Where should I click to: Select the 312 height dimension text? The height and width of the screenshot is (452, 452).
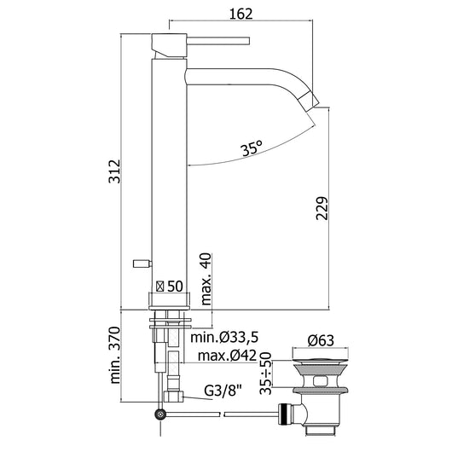pos(125,170)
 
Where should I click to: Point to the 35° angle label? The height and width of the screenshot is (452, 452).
pos(250,149)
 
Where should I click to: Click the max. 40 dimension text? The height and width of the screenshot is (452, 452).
pos(206,278)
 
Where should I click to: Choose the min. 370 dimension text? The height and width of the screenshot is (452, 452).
pos(125,358)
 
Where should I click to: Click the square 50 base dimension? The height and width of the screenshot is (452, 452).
pos(171,287)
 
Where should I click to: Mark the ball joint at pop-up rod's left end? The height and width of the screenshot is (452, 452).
pos(159,414)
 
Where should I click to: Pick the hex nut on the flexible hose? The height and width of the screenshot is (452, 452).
pos(175,396)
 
